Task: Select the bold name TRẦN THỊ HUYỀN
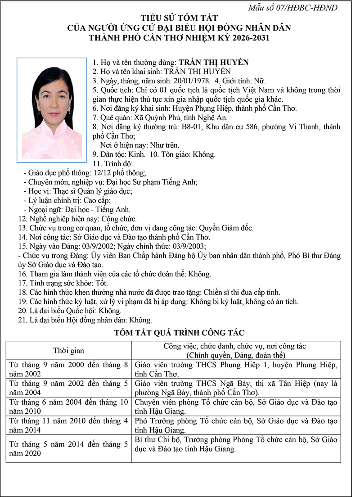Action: [x=214, y=63]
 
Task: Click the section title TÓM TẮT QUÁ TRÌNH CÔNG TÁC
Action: [x=180, y=333]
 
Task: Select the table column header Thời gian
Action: [x=68, y=350]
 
